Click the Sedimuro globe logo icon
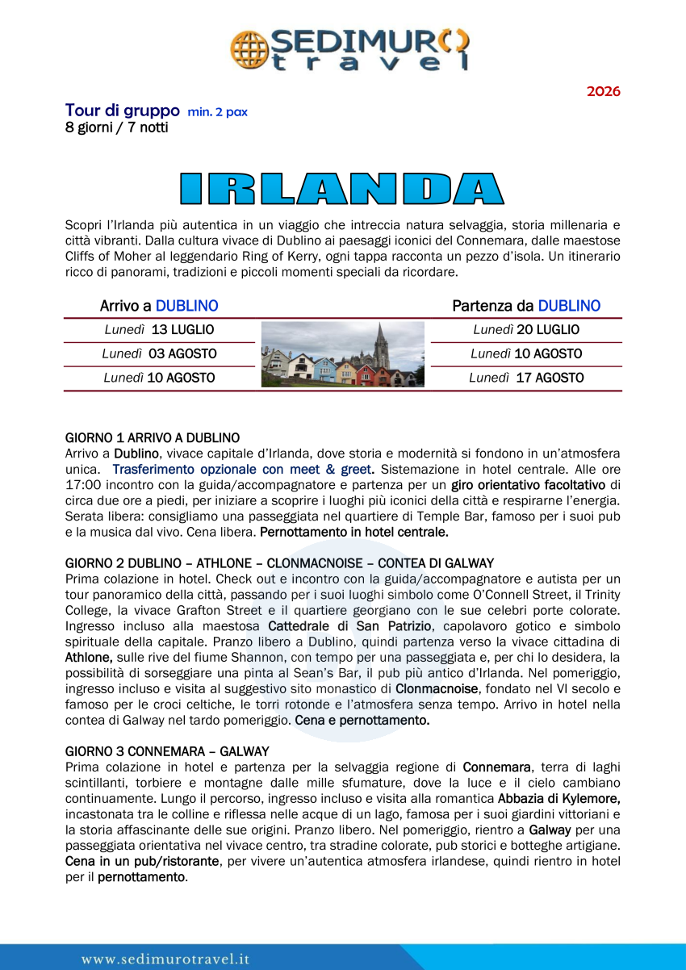point(247,48)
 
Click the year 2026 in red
point(603,91)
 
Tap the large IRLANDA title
point(341,187)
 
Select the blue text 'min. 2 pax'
point(217,112)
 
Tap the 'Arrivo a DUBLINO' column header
point(159,307)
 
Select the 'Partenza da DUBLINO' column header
point(526,307)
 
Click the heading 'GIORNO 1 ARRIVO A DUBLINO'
point(152,438)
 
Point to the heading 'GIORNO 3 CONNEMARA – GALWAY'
point(167,751)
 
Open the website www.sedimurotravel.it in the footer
point(165,959)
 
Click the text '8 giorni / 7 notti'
point(116,128)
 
